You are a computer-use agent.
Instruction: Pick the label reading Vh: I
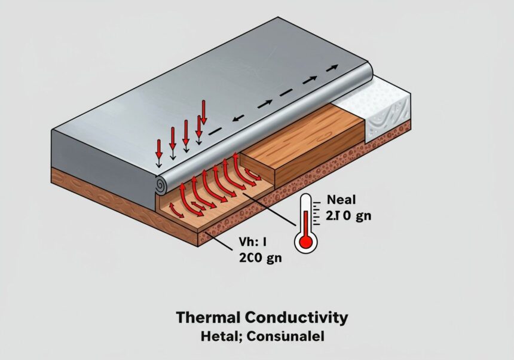[247, 243]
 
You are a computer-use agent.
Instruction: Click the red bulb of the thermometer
[306, 240]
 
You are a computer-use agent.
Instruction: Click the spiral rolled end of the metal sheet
[161, 186]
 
